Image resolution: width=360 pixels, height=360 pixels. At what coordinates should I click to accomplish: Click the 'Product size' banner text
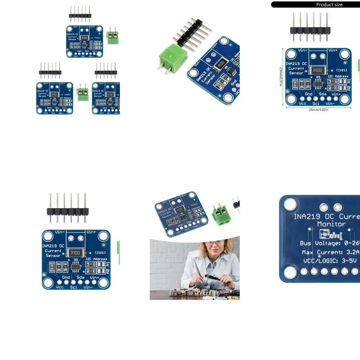pyautogui.click(x=329, y=5)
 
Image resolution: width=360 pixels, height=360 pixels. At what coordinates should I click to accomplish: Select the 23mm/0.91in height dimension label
pyautogui.click(x=281, y=77)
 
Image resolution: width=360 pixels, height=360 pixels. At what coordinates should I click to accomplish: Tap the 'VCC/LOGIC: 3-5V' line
pyautogui.click(x=329, y=261)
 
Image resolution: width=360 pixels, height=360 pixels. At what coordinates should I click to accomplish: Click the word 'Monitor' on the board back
pyautogui.click(x=331, y=224)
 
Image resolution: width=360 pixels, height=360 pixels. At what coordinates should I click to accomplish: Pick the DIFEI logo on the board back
pyautogui.click(x=330, y=234)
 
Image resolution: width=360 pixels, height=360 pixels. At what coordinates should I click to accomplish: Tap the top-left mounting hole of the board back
pyautogui.click(x=290, y=204)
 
